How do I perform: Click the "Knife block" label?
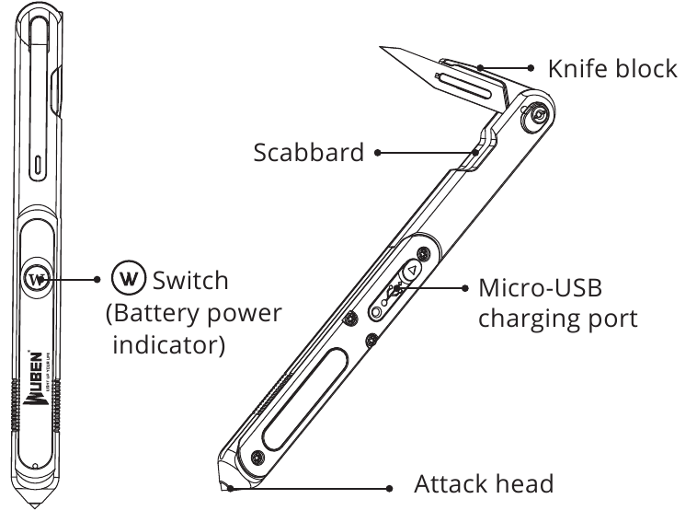coord(612,69)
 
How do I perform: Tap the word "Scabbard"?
coord(308,153)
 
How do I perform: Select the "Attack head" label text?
coord(484,483)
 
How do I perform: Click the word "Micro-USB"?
coord(540,287)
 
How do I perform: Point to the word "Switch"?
coord(190,281)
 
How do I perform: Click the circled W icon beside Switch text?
coord(129,278)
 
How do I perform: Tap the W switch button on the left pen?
coord(37,279)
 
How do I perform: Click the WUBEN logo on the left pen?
coord(35,378)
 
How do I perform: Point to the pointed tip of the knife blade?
coord(381,47)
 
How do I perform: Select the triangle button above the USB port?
coord(412,270)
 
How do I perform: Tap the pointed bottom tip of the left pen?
coord(35,506)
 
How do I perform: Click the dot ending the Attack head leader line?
coord(389,489)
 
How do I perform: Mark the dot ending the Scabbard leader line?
coord(377,153)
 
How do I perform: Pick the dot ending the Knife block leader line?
coord(531,68)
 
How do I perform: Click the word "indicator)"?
coord(169,345)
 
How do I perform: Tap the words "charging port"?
coord(558,319)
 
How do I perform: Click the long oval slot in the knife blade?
coord(463,85)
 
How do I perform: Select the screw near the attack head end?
coord(257,457)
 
